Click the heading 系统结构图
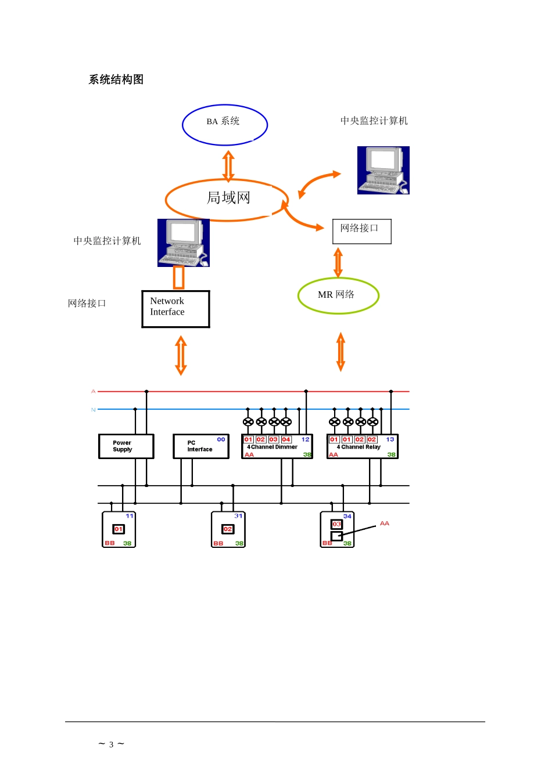click(116, 80)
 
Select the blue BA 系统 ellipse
click(224, 124)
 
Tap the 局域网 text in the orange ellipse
click(228, 198)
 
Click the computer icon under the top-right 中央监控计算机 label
click(383, 170)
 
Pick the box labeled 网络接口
click(361, 231)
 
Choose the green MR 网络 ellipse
click(338, 295)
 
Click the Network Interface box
click(175, 309)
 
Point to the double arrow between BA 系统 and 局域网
click(228, 166)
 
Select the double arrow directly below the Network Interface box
click(181, 355)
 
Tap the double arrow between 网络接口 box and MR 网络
click(338, 262)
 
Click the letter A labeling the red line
click(93, 391)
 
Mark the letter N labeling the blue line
click(93, 410)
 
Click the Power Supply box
click(126, 446)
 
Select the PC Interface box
click(200, 446)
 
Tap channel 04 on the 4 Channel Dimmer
click(286, 439)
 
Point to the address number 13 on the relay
click(390, 439)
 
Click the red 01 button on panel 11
click(119, 529)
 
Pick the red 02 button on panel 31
click(228, 529)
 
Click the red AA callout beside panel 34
click(384, 523)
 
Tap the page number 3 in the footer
click(111, 745)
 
